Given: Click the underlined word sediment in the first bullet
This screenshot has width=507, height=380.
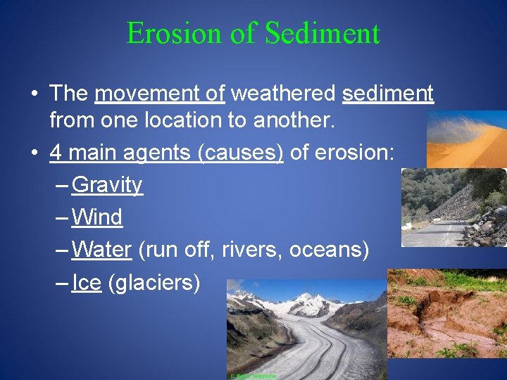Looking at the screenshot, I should pos(388,94).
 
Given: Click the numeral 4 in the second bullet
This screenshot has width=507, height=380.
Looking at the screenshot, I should pos(57,153).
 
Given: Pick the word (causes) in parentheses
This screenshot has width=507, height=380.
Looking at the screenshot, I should pos(241,153).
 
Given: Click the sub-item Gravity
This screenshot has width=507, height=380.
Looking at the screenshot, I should pos(107,185).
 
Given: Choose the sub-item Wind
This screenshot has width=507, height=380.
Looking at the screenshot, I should pos(97,217).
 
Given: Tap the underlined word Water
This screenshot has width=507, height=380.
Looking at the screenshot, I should pos(101,250).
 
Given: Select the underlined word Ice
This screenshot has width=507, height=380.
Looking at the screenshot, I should pos(87,282).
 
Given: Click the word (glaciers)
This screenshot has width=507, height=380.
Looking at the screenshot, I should pos(154,282).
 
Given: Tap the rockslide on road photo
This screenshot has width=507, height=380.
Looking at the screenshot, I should pos(453,208).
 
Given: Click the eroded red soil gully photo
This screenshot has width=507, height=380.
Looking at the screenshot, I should pos(446,313).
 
